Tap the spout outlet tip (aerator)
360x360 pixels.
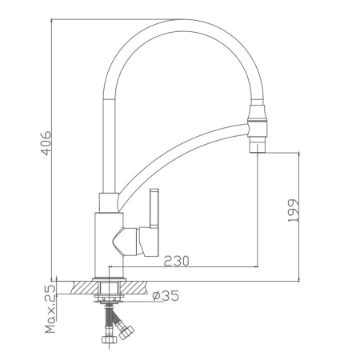(257, 145)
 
